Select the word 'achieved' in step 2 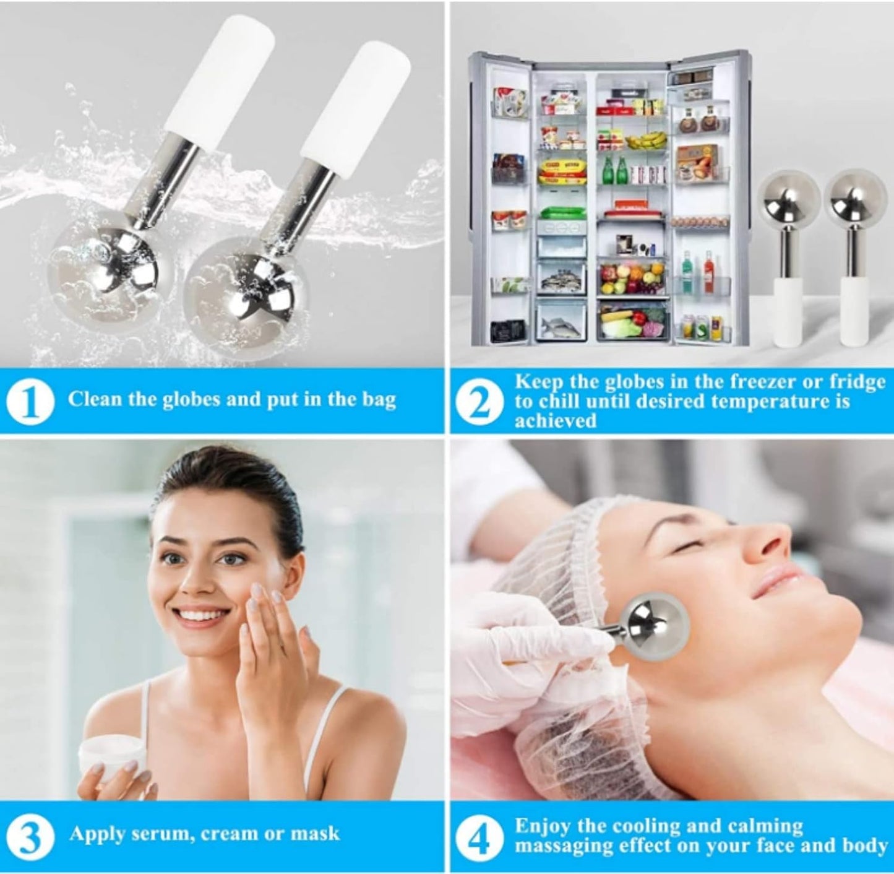pyautogui.click(x=556, y=421)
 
